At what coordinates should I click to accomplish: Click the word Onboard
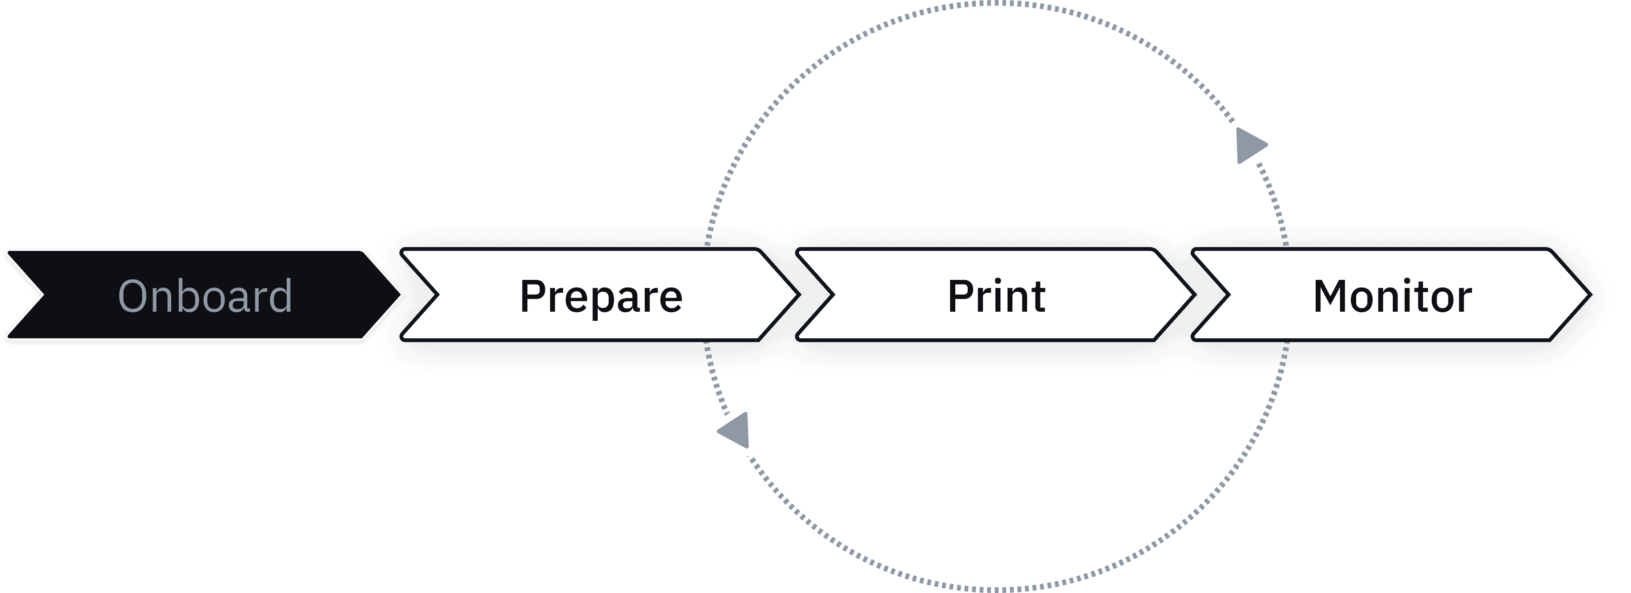click(205, 296)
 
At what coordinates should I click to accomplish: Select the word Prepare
click(601, 296)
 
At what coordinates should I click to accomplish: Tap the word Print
click(996, 296)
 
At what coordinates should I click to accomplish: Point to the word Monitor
click(1392, 296)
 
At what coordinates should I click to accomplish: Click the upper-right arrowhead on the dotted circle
click(1251, 146)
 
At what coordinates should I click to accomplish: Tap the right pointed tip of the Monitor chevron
click(1588, 295)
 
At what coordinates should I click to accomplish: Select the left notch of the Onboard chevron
click(42, 295)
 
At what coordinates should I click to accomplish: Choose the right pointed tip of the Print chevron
click(1192, 295)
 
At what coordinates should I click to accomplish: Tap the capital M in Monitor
click(1333, 296)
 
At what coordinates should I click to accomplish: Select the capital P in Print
click(961, 296)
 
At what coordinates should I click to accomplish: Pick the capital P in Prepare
click(533, 296)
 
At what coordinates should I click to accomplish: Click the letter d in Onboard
click(279, 295)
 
